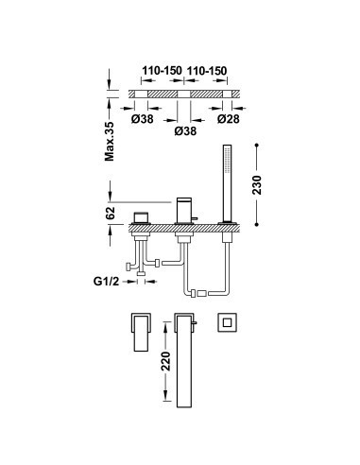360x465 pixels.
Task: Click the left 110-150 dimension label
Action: click(x=162, y=71)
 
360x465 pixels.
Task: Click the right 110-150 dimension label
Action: click(x=207, y=71)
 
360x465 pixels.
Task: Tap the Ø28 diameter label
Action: click(x=229, y=119)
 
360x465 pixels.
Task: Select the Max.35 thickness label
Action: click(x=110, y=142)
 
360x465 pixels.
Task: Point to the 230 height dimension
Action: click(x=257, y=184)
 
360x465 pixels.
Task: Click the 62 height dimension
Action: click(x=111, y=213)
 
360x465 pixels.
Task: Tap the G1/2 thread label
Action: click(x=107, y=281)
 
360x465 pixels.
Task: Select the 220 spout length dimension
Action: click(x=165, y=361)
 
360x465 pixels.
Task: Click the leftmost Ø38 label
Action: click(x=143, y=119)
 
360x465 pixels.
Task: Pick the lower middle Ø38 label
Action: click(x=185, y=130)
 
